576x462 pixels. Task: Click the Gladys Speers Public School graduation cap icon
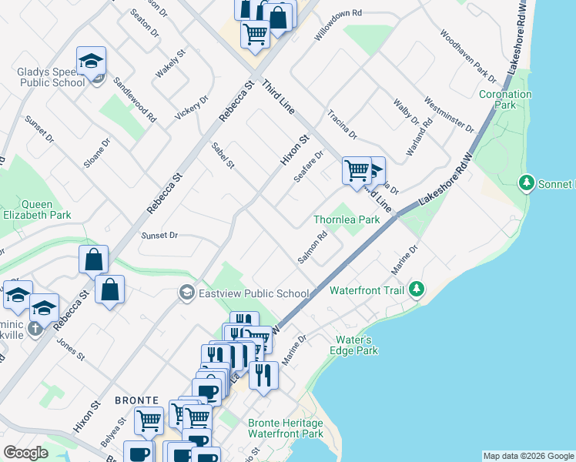tap(91, 61)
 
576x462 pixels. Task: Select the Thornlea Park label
tap(347, 219)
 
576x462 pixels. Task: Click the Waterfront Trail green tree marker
tap(417, 289)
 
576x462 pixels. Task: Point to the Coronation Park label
tap(505, 99)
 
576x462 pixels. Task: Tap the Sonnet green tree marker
tap(527, 183)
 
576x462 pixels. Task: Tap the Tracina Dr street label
tap(343, 124)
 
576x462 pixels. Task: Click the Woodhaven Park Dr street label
tap(467, 56)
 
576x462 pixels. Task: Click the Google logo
tap(25, 453)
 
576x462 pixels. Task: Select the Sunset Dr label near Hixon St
tap(159, 235)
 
